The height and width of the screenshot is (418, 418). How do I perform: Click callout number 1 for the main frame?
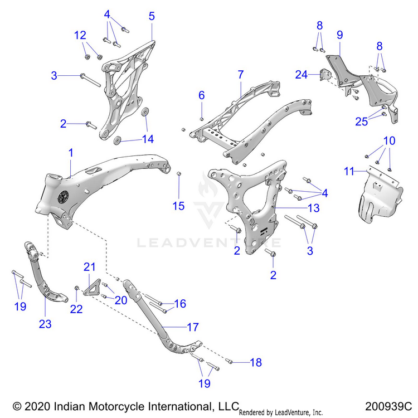click(71, 152)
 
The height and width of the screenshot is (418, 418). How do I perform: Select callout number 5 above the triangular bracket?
click(152, 16)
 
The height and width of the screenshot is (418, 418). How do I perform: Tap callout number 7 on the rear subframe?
click(240, 74)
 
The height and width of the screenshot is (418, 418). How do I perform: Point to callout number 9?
click(339, 35)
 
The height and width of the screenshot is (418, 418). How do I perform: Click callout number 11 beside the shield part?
click(349, 171)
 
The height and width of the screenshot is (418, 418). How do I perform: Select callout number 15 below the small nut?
click(178, 206)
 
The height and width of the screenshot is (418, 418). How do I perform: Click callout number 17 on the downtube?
click(192, 328)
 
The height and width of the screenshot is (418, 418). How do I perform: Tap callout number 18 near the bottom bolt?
click(255, 363)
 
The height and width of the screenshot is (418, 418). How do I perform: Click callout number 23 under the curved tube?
click(45, 324)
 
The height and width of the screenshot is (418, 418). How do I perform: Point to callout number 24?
click(301, 75)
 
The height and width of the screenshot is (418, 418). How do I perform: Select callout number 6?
click(202, 95)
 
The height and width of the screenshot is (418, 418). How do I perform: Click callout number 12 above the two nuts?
click(80, 36)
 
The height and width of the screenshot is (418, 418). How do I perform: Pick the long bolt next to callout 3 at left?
click(90, 79)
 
